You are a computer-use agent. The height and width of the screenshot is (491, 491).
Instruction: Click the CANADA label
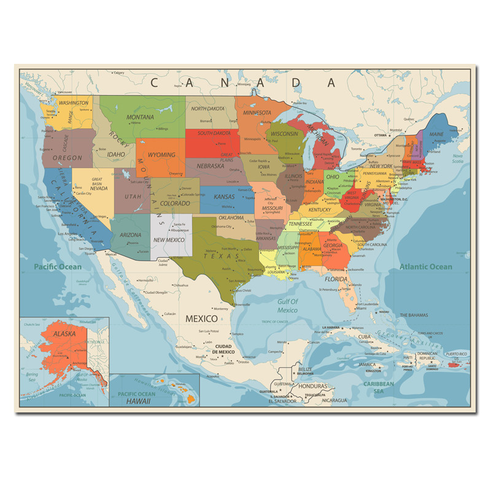[244, 82]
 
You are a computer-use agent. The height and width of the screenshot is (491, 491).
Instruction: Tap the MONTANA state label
[140, 117]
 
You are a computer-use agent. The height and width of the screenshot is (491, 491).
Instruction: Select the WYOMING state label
[162, 155]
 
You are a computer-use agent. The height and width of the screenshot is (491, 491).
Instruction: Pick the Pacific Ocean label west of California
[57, 266]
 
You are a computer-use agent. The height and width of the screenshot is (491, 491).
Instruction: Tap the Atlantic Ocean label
[425, 266]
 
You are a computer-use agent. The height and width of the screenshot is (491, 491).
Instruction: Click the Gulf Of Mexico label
[287, 306]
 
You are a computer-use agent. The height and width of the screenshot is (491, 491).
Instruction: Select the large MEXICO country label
[201, 319]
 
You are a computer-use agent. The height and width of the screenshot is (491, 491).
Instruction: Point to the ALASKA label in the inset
[64, 334]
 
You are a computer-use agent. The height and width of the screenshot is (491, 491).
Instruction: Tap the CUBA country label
[365, 337]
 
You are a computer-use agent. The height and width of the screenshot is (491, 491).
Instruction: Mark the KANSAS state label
[224, 197]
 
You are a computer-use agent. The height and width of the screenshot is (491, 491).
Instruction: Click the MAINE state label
[436, 133]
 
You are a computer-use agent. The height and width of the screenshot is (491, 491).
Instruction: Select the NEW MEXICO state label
[169, 239]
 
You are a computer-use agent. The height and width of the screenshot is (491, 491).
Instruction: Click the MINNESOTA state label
[257, 112]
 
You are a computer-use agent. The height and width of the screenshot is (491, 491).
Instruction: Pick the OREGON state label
[68, 158]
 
